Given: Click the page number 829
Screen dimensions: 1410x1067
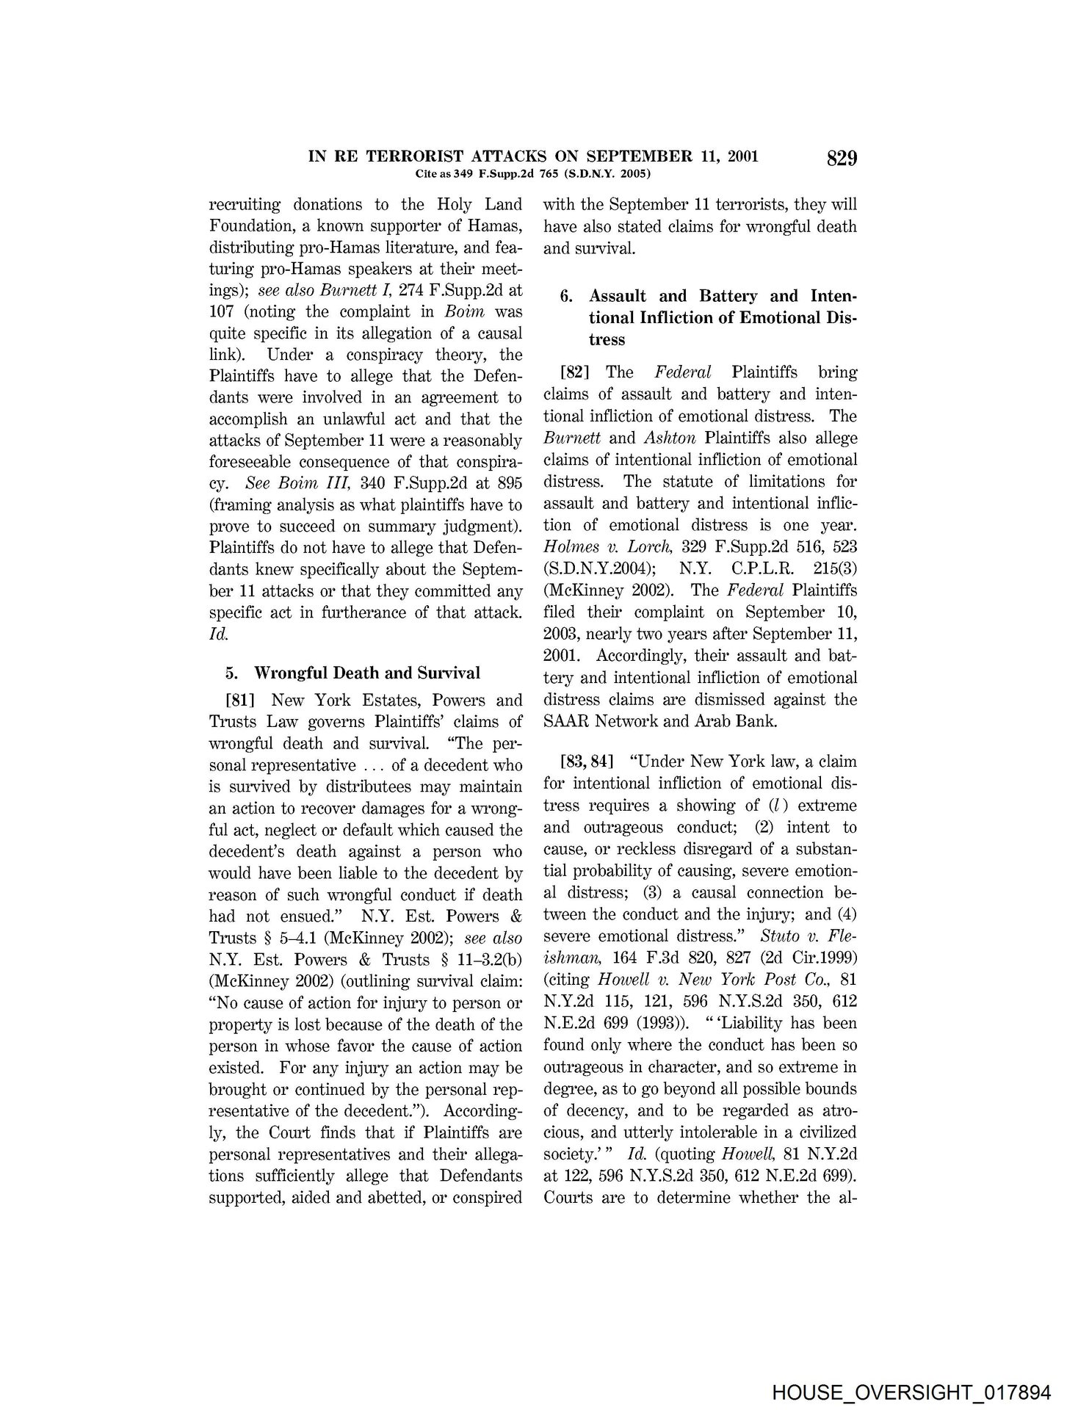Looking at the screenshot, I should coord(842,159).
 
